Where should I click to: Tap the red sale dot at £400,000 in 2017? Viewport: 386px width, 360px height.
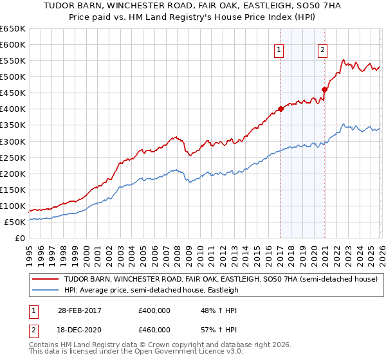(x=280, y=109)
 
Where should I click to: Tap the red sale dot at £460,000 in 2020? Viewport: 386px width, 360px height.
(x=324, y=89)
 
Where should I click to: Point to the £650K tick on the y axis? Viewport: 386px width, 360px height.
(x=13, y=29)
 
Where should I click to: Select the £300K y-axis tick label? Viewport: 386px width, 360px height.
(x=13, y=141)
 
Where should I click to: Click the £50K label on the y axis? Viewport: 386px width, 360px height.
(x=15, y=222)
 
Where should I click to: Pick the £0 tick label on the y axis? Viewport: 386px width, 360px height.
(x=19, y=238)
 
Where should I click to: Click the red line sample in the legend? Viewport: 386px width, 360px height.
(x=45, y=280)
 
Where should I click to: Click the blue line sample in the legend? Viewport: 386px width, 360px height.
(x=45, y=290)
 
